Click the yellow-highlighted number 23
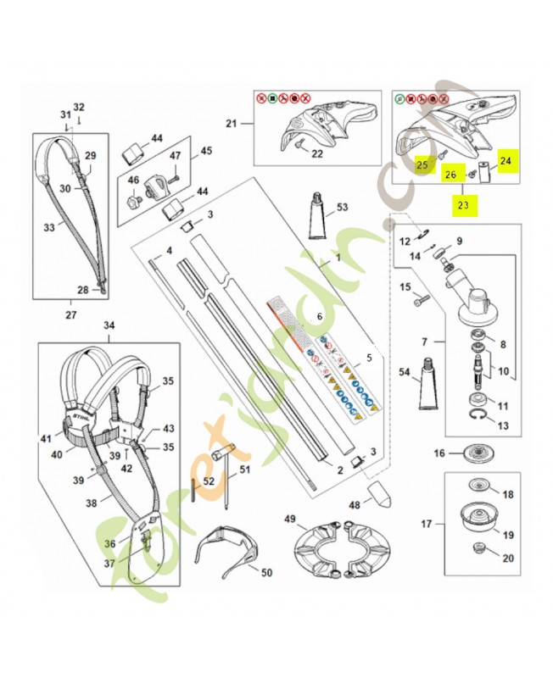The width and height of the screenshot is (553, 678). coord(463,204)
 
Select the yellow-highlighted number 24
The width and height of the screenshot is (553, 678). coord(506,158)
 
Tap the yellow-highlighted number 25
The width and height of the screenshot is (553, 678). coord(422,166)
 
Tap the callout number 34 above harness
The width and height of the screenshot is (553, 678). coord(108,325)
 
